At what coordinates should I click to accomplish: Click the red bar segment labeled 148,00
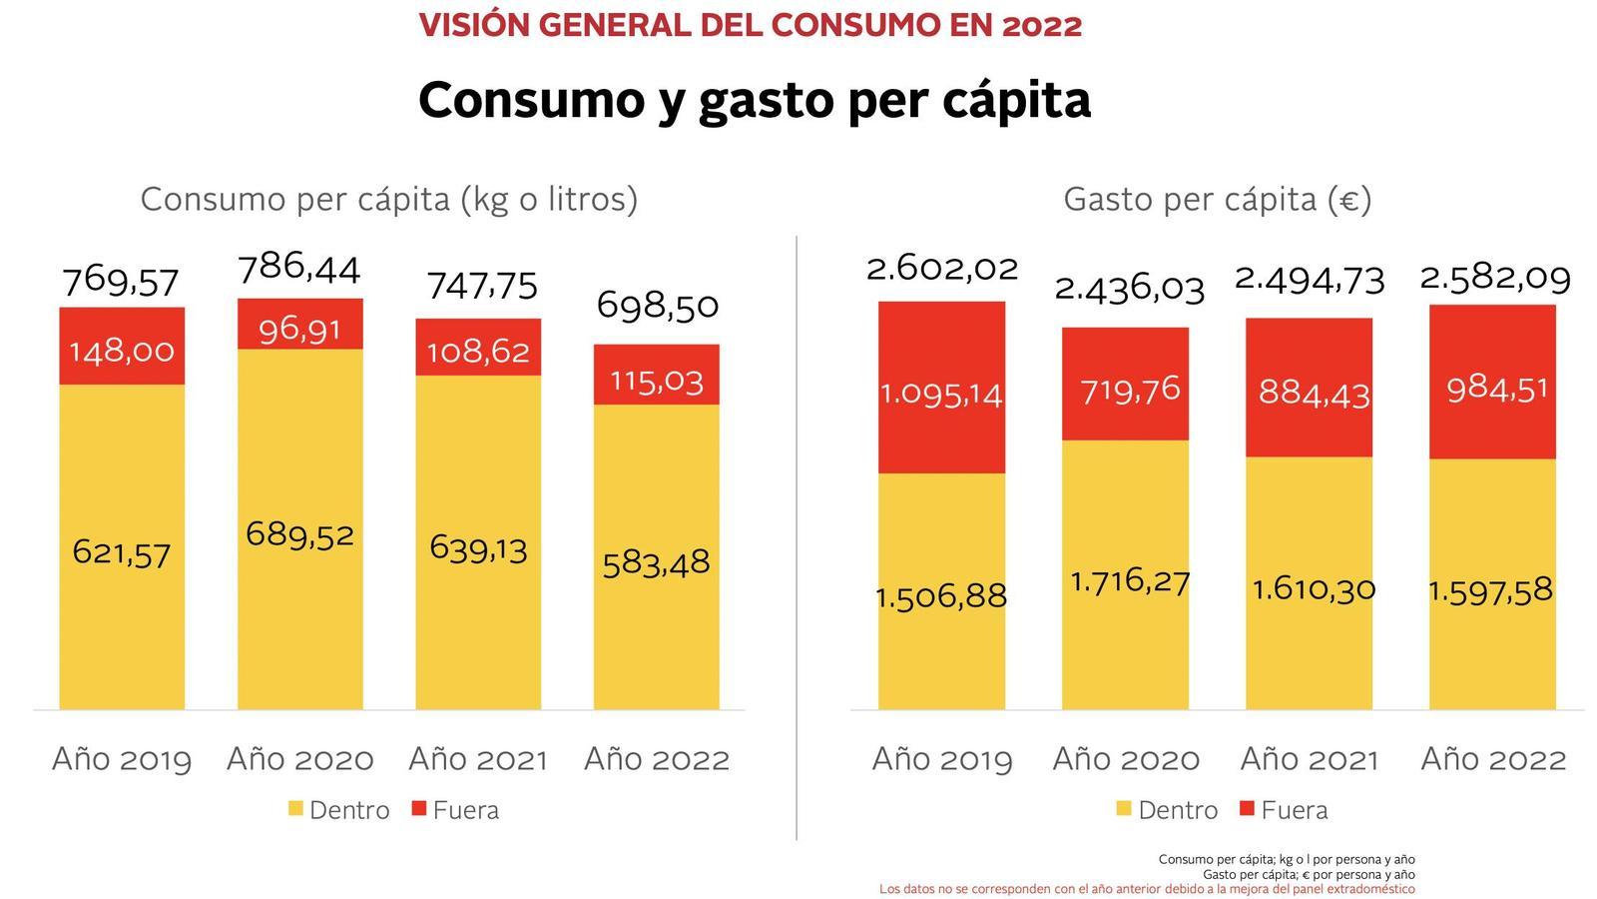click(x=122, y=347)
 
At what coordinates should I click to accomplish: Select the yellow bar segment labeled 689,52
click(x=299, y=529)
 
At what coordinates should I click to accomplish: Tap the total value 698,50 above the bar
click(x=657, y=305)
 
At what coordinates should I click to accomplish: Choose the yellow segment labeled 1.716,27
click(x=1125, y=574)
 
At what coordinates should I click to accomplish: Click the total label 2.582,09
click(x=1495, y=277)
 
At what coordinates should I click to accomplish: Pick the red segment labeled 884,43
click(x=1309, y=389)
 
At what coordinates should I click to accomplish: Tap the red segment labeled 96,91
click(x=299, y=325)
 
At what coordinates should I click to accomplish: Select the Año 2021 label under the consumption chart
click(x=478, y=759)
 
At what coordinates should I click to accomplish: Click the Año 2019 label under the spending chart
click(x=942, y=759)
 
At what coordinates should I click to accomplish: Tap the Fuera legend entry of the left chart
click(x=455, y=810)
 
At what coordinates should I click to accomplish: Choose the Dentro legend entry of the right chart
click(x=1167, y=810)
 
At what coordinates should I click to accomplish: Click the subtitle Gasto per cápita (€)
click(x=1217, y=200)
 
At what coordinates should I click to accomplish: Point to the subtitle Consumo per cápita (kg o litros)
click(x=388, y=200)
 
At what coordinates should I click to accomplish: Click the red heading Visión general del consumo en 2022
click(x=750, y=25)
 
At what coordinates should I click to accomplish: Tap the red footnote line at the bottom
click(x=1147, y=889)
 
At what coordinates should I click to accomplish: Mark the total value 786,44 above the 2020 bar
click(x=298, y=268)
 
